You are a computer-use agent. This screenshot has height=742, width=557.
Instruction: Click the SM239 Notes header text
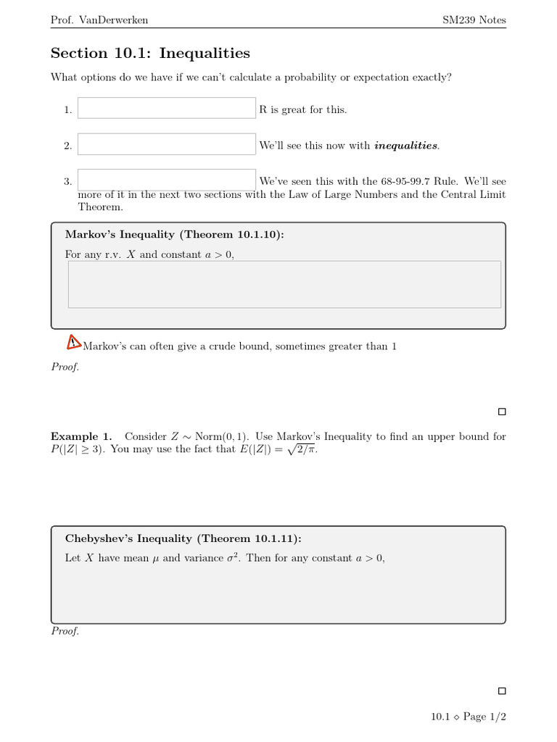pos(474,20)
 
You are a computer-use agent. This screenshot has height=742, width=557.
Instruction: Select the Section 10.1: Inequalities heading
pos(150,53)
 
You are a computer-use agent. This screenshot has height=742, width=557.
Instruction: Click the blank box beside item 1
pos(167,108)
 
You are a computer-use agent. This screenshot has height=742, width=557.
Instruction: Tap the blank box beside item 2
pos(167,144)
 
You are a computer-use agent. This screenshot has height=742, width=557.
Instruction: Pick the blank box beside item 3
pos(167,180)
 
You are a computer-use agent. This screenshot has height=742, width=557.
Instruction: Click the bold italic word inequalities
pos(405,146)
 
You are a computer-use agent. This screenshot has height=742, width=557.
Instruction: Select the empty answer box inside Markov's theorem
pos(284,284)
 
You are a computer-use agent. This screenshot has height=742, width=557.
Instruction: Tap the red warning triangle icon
pos(74,342)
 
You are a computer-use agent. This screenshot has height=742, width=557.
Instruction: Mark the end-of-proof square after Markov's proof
pos(502,412)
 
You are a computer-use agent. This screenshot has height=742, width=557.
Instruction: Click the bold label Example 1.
pos(81,436)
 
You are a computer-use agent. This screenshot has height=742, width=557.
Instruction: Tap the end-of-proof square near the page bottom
pos(502,691)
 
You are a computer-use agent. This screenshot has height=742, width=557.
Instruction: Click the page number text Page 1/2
pos(484,717)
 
